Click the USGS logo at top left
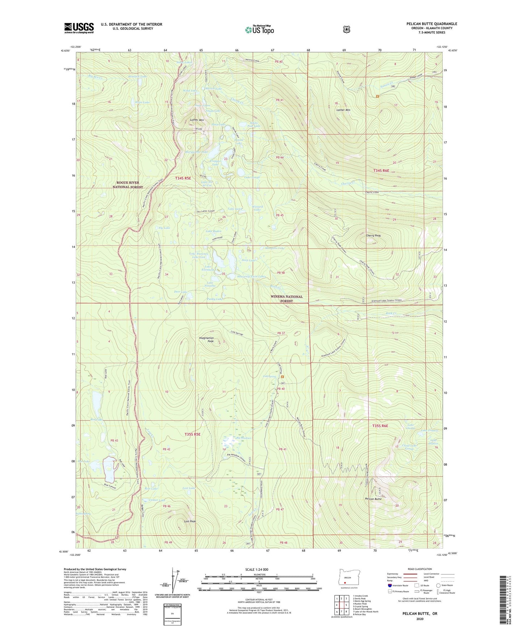tap(79, 28)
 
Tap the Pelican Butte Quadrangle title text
tap(431, 24)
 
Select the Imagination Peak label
tap(206, 340)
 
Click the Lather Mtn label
tap(343, 110)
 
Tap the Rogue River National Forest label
tap(127, 185)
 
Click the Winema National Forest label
tap(286, 299)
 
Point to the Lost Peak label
tap(190, 521)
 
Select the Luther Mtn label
tap(197, 120)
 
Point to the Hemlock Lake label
tap(137, 77)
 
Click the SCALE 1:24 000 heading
tap(257, 569)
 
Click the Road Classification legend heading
tap(419, 569)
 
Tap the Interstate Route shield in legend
tap(389, 585)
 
